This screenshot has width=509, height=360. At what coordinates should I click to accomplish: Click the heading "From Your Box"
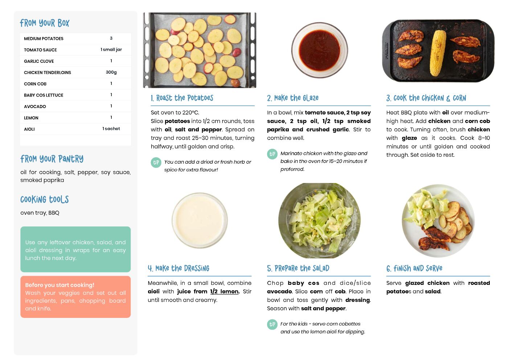45,23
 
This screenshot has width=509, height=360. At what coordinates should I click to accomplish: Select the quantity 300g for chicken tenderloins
111,72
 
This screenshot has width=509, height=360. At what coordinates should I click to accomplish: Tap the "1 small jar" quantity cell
111,50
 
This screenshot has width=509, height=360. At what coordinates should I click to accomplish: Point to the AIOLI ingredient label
29,129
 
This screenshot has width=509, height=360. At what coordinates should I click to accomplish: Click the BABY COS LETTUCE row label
44,95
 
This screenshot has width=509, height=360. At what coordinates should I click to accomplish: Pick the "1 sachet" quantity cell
111,128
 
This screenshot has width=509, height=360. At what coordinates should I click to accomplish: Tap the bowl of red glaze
320,50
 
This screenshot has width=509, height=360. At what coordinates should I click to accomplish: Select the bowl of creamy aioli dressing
200,220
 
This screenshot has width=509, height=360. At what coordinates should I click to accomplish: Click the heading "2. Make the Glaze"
293,98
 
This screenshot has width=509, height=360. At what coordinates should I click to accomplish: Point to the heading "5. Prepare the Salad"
298,269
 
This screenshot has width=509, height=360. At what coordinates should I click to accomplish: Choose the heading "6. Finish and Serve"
414,269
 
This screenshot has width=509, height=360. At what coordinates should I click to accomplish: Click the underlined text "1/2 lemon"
225,291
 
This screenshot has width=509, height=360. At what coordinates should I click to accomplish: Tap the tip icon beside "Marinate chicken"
272,154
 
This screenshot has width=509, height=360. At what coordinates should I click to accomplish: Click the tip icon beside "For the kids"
272,324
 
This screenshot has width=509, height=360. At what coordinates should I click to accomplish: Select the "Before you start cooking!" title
59,285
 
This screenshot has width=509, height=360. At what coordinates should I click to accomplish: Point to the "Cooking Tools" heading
45,200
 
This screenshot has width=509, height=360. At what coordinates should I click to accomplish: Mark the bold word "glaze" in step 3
409,138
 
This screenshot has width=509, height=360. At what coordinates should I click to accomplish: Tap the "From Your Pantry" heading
52,159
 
